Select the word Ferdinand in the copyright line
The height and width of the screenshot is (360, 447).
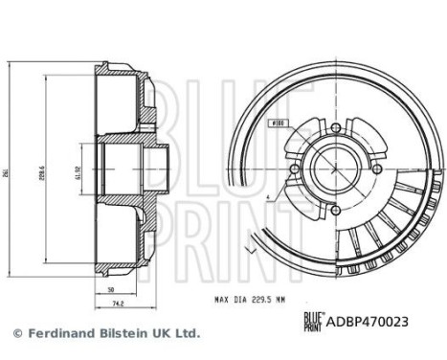tap(56, 333)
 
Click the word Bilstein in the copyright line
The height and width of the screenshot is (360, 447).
tap(120, 333)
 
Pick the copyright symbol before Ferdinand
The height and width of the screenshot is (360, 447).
tap(16, 334)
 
